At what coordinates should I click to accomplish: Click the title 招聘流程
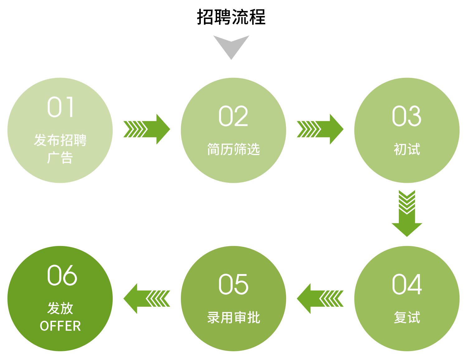click(231, 17)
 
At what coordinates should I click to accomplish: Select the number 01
click(60, 107)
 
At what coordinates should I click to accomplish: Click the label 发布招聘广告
click(60, 149)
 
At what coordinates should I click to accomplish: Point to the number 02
click(233, 116)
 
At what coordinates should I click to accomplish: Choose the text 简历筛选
click(233, 149)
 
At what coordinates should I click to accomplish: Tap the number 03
click(407, 116)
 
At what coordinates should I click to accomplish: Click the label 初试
click(407, 149)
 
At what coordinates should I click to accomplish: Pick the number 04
click(407, 284)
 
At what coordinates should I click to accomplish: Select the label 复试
click(407, 317)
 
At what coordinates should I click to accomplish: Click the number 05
click(233, 284)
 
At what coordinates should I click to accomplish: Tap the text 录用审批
click(233, 317)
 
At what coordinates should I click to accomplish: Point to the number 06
click(62, 275)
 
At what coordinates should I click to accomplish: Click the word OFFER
click(60, 326)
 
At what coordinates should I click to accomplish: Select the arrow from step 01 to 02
click(147, 129)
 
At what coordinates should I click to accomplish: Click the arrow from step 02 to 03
click(320, 129)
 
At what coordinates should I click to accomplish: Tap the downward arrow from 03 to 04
click(407, 214)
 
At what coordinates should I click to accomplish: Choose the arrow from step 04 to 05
click(320, 298)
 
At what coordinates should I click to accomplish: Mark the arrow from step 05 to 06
click(147, 298)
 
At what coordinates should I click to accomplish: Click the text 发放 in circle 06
click(60, 308)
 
